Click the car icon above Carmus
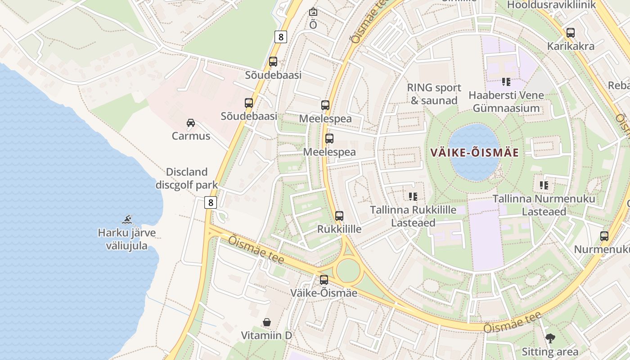tap(191, 122)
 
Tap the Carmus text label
tap(191, 136)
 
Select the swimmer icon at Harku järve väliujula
tap(127, 220)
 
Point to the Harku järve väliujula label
tap(127, 239)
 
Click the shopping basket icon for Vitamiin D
tap(267, 322)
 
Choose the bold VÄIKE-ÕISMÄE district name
tap(475, 153)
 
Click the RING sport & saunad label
tap(434, 94)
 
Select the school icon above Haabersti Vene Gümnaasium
tap(506, 82)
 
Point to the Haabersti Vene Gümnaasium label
tap(506, 102)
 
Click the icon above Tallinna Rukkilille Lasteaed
tap(413, 196)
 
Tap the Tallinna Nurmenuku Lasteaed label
tap(544, 205)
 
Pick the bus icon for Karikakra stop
tap(571, 33)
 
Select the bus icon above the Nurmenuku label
tap(604, 236)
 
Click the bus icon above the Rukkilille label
tap(339, 216)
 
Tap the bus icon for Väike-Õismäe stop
tap(324, 280)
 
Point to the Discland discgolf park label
tap(187, 178)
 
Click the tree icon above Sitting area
tap(550, 338)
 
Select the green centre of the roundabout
tap(348, 270)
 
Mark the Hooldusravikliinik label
tap(551, 5)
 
